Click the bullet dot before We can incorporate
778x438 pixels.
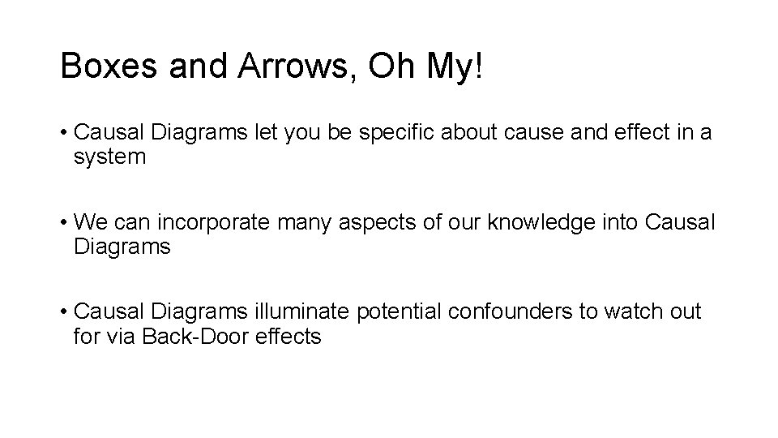pos(63,222)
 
